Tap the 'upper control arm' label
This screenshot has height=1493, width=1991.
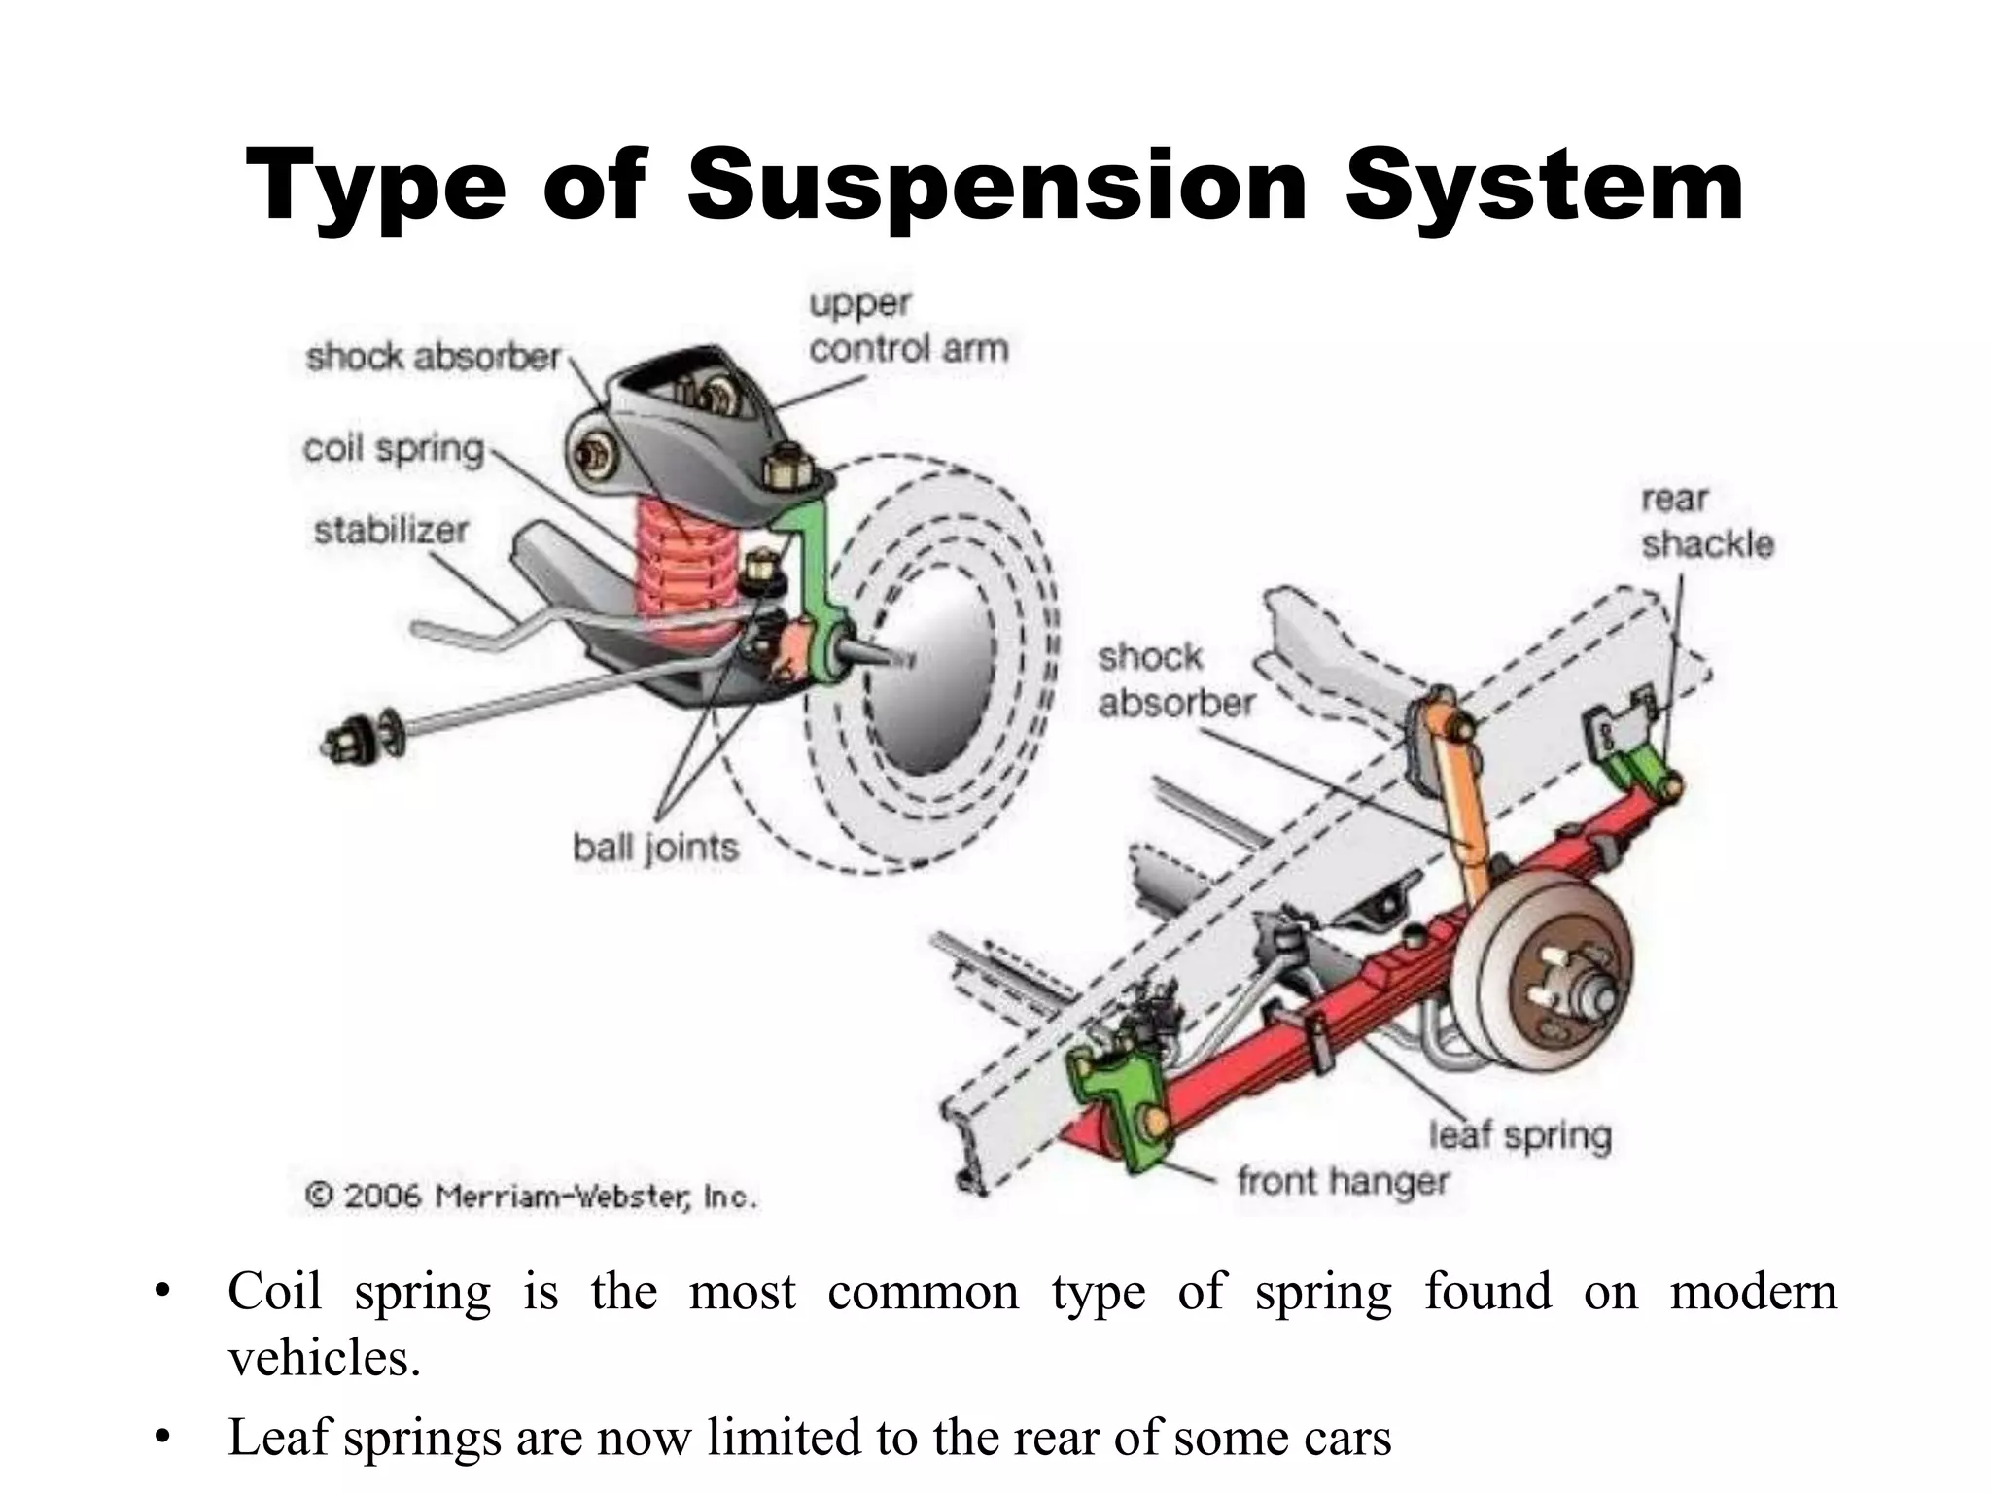[909, 327]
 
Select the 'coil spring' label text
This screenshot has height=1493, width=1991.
[394, 449]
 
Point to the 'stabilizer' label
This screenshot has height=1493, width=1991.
[391, 531]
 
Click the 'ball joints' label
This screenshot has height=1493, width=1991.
[655, 848]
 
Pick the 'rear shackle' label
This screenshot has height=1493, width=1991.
[1707, 522]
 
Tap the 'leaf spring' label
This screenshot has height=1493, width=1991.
[1520, 1134]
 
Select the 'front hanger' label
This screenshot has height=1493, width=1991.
[1343, 1182]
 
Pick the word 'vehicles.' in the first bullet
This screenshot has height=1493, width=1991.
[324, 1357]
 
